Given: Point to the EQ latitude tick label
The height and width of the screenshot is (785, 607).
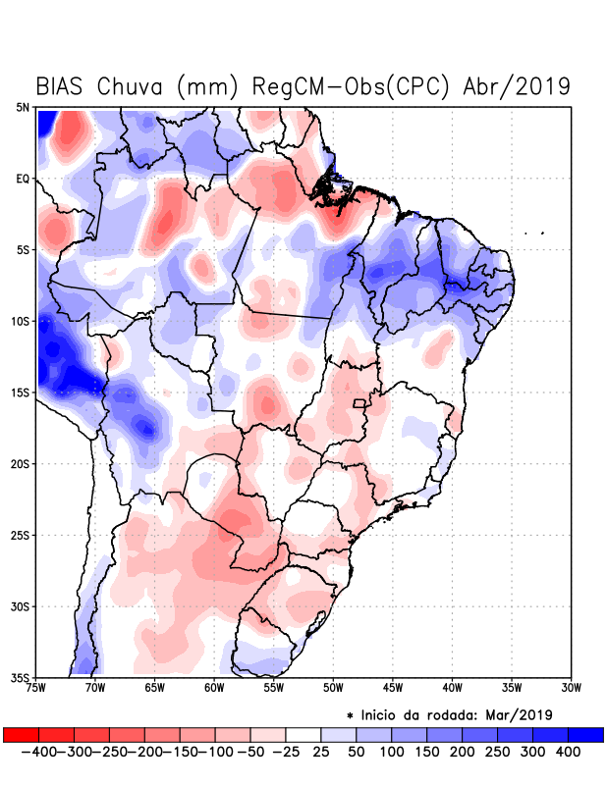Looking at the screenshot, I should pyautogui.click(x=23, y=179).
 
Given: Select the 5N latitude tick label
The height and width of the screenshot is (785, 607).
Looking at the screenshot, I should pyautogui.click(x=23, y=107).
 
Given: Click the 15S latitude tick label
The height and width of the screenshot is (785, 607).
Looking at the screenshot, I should pyautogui.click(x=21, y=392).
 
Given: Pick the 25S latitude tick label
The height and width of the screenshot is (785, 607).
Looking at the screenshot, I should pyautogui.click(x=21, y=535).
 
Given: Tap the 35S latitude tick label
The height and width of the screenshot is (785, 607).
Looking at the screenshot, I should pyautogui.click(x=21, y=677).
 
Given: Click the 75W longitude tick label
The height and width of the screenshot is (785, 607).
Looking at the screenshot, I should pyautogui.click(x=37, y=688).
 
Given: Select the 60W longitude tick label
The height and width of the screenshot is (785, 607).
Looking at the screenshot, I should pyautogui.click(x=213, y=688).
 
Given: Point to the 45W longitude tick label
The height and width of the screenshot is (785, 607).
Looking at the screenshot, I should pyautogui.click(x=393, y=688).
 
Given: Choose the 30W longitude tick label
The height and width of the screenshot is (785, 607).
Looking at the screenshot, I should pyautogui.click(x=571, y=688).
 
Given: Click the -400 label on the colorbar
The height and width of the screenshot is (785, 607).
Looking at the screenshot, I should pyautogui.click(x=38, y=752).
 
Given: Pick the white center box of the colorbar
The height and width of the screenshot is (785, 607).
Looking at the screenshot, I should pyautogui.click(x=303, y=734).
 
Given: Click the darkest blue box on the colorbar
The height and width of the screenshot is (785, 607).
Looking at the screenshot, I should pyautogui.click(x=586, y=734).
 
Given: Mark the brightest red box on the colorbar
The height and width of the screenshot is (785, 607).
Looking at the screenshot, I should pyautogui.click(x=21, y=734).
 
